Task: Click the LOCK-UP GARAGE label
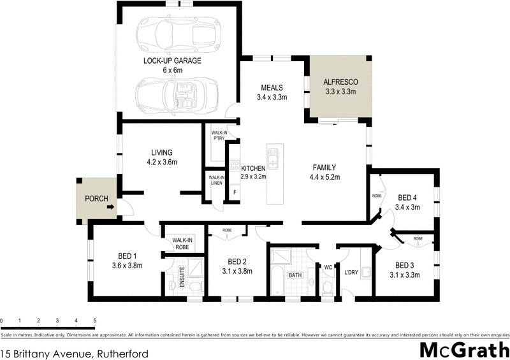[172, 61]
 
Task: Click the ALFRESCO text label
[341, 82]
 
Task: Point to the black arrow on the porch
[111, 207]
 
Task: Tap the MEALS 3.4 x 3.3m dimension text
[272, 97]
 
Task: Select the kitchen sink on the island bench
[273, 157]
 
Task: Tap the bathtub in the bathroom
[278, 283]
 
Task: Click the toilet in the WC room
[327, 286]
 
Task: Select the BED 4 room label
[407, 198]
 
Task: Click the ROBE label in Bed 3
[418, 240]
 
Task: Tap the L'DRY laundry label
[351, 272]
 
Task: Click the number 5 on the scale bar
[95, 320]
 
